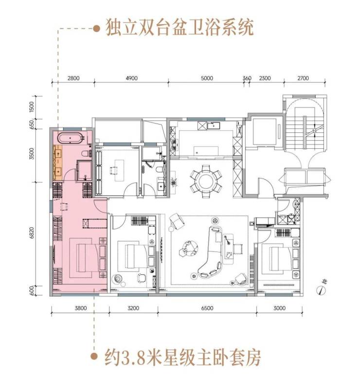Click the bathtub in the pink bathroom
(70, 138)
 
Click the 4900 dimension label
(131, 78)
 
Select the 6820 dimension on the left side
(32, 233)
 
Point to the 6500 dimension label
(207, 308)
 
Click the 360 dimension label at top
(247, 78)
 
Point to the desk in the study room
(120, 170)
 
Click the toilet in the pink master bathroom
(86, 153)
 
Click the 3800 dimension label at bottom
(80, 308)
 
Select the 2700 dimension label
(303, 78)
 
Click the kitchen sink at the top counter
(213, 126)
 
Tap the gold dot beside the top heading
(96, 29)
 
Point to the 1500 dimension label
(32, 107)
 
